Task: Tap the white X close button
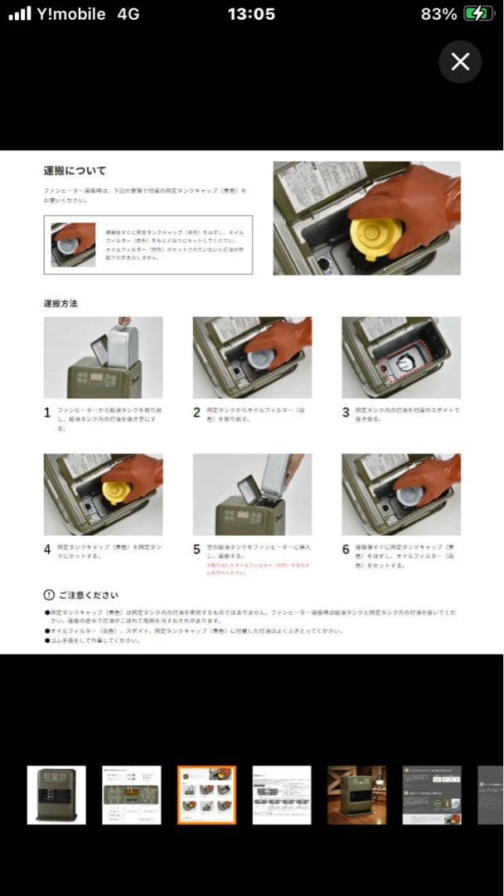(460, 61)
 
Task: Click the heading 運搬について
(75, 171)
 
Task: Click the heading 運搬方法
(61, 304)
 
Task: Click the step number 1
(47, 411)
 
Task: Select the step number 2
(196, 411)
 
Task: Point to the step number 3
(346, 411)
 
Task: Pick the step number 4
(47, 549)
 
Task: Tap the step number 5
(196, 549)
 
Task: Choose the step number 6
(346, 549)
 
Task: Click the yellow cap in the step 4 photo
(116, 491)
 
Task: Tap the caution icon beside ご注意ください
(49, 596)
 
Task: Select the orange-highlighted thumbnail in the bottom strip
(206, 795)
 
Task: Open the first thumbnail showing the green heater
(56, 795)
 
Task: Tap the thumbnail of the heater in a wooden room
(356, 795)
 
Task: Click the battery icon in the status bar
(477, 14)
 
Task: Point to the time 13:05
(251, 14)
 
